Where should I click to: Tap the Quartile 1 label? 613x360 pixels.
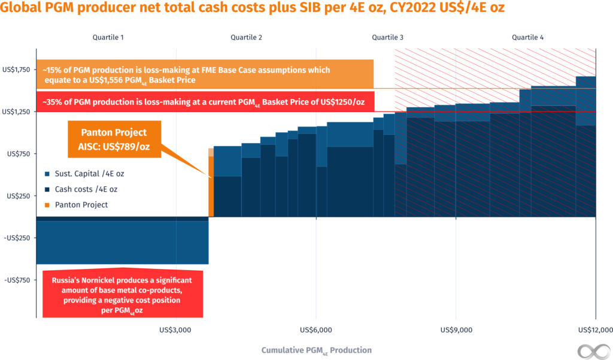[x=108, y=37]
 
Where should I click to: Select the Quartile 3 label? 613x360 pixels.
[x=387, y=37]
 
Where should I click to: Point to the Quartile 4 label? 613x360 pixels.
[x=527, y=37]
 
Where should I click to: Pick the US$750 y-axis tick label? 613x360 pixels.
[x=18, y=153]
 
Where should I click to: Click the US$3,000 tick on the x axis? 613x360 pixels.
[x=176, y=329]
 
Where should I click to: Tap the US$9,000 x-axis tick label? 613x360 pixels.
[x=456, y=329]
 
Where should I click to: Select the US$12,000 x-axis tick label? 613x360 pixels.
[x=594, y=329]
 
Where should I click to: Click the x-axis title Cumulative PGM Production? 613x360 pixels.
[x=316, y=350]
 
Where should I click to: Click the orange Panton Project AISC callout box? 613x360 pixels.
[x=114, y=139]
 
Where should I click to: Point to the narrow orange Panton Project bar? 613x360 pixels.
[x=211, y=183]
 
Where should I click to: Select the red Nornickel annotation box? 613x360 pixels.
[x=123, y=294]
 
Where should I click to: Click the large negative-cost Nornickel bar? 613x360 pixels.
[x=123, y=241]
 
